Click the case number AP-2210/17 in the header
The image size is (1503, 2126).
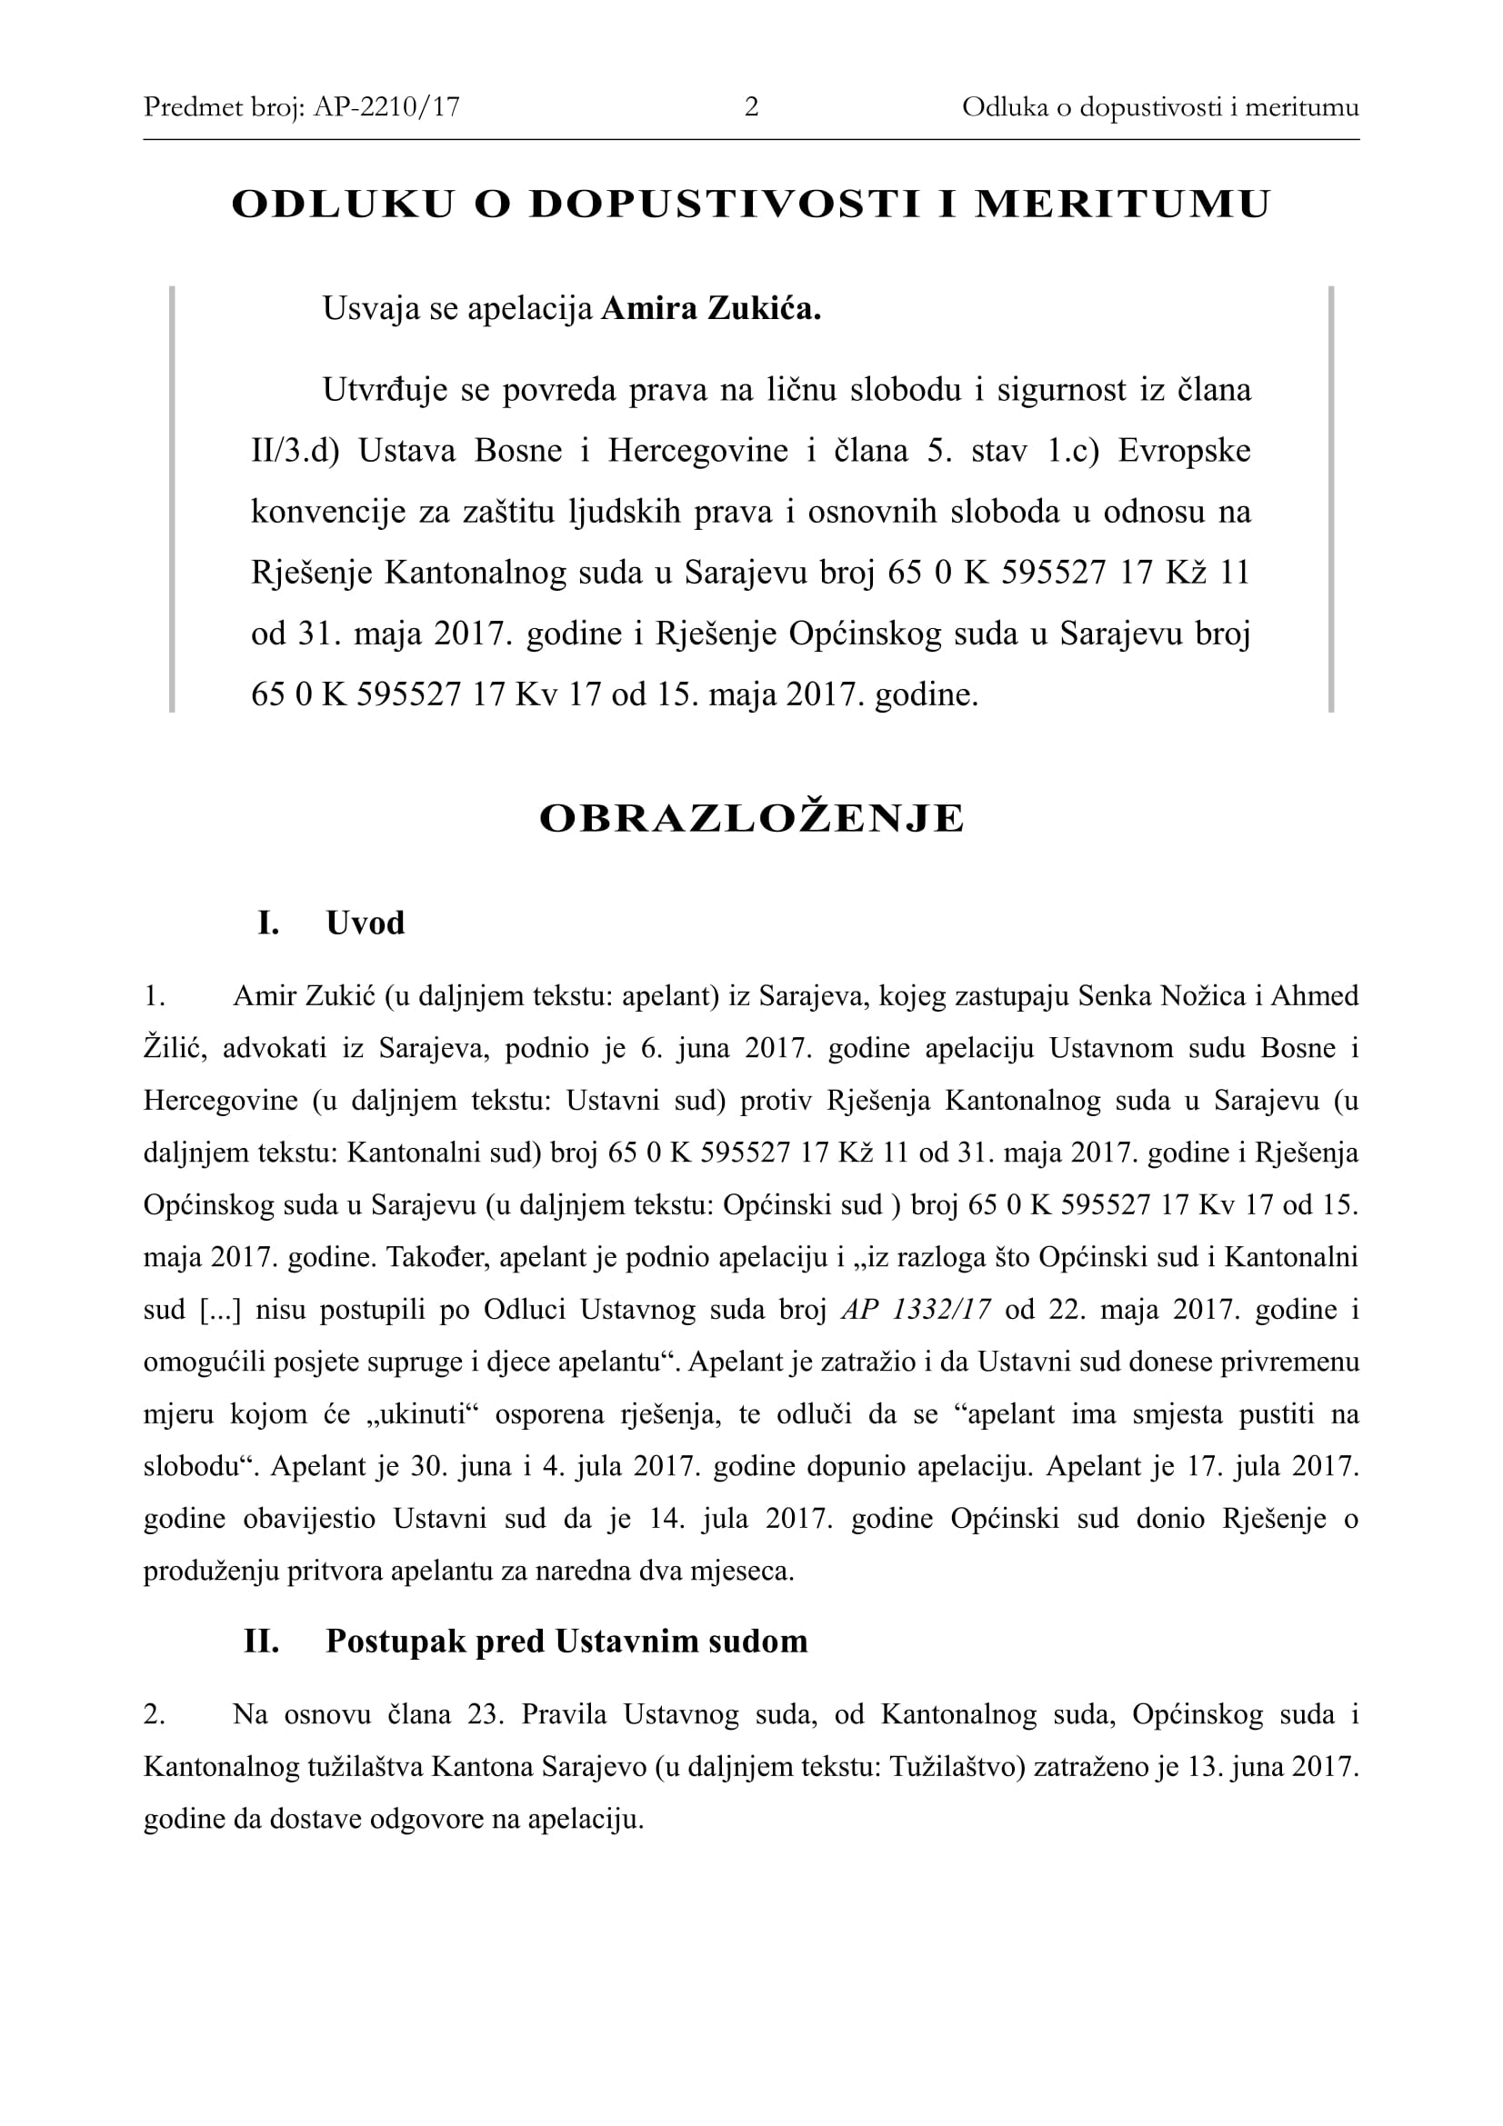tap(386, 107)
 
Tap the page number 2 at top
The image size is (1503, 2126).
tap(751, 107)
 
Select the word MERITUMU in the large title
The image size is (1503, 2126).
tap(1122, 205)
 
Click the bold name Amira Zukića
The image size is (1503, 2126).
tap(710, 308)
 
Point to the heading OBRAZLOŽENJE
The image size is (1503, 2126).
tap(751, 819)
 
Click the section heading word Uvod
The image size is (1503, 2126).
tap(365, 923)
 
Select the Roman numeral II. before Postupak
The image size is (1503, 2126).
tap(261, 1642)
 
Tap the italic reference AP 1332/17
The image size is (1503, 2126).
tap(916, 1309)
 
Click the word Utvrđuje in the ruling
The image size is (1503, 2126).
tap(386, 390)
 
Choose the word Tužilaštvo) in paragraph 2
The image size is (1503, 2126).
tap(956, 1767)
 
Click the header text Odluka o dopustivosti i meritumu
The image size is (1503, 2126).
tap(1159, 107)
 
